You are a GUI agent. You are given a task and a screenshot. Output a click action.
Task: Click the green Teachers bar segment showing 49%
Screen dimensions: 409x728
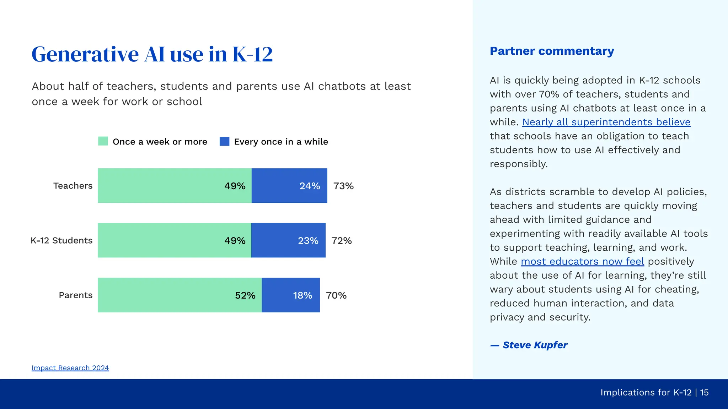[174, 186]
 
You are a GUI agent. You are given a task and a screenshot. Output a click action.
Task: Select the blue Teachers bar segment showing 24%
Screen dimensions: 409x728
[289, 186]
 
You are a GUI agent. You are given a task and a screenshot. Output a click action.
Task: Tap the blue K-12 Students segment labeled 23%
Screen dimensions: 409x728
[288, 240]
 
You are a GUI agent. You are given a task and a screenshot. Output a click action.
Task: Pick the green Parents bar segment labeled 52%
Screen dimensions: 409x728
[180, 295]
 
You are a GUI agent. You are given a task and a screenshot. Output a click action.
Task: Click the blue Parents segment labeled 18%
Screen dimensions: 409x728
[291, 295]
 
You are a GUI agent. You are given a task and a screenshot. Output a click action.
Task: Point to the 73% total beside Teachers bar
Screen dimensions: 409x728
[343, 186]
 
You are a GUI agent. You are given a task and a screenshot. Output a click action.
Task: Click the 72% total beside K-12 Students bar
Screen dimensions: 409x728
[342, 241]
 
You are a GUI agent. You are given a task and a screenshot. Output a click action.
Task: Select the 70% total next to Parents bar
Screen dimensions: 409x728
[336, 295]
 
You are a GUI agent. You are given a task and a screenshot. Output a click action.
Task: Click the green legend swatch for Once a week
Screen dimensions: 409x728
[103, 141]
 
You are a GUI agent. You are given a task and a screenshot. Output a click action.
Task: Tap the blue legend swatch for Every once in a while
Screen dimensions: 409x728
[224, 141]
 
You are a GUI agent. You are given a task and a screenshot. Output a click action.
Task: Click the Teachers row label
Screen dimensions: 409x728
[73, 186]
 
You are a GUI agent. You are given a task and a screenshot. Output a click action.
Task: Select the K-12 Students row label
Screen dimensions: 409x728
[61, 240]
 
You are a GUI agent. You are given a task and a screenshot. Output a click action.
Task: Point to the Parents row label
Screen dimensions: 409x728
[75, 295]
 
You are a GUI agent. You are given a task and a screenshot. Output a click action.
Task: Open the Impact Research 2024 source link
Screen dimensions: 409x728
[70, 368]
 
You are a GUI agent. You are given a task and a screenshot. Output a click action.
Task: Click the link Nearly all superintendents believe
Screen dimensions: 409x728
[606, 122]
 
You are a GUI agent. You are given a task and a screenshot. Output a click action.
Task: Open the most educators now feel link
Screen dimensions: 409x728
[582, 262]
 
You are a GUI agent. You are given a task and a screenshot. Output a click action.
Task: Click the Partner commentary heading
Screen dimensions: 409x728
[552, 51]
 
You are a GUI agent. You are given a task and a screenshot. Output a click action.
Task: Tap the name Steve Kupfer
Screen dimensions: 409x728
[535, 345]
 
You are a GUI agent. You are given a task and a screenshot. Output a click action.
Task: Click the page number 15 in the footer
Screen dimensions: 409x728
[704, 392]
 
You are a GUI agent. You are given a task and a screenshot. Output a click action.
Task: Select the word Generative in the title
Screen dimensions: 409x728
[85, 54]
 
